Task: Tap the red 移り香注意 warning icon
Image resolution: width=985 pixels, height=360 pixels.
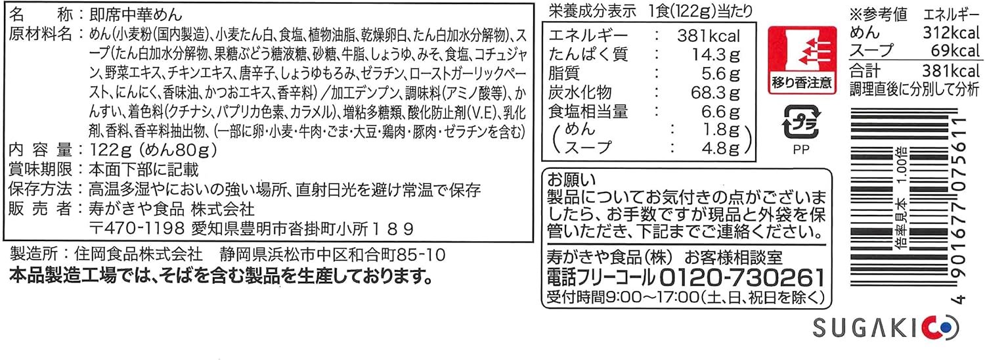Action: click(802, 60)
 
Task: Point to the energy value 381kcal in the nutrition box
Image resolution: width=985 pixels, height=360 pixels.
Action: click(709, 35)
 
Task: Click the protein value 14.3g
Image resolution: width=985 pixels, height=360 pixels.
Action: click(716, 55)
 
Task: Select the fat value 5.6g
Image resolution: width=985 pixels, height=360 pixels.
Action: click(721, 74)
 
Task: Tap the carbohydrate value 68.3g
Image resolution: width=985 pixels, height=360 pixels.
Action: click(716, 93)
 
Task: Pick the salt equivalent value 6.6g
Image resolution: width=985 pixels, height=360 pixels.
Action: click(721, 111)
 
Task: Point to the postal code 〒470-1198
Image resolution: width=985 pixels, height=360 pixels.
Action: click(137, 229)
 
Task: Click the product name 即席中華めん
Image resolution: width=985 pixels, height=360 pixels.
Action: click(135, 15)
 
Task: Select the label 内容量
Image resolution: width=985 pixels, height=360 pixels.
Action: click(40, 150)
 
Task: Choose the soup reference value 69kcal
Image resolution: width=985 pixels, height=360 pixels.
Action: click(955, 51)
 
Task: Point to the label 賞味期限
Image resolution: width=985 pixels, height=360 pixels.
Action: click(40, 169)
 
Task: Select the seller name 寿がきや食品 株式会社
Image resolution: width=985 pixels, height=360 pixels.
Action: click(171, 209)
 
